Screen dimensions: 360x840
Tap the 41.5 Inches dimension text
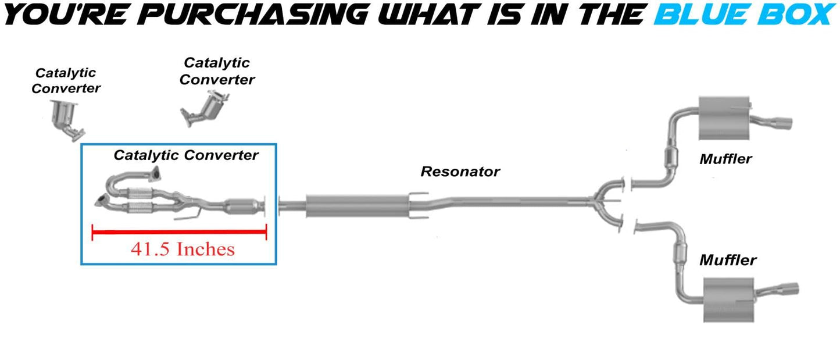coord(183,249)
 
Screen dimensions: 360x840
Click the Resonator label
coord(460,172)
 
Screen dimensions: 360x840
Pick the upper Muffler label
coord(725,159)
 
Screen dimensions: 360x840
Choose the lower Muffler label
coord(728,260)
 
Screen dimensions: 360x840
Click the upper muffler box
coord(721,119)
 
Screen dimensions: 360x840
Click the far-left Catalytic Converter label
coord(66,81)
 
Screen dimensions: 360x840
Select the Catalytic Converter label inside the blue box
coord(185,155)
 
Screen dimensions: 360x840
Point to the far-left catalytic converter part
coord(66,119)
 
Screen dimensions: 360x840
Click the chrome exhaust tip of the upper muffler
coord(780,123)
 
